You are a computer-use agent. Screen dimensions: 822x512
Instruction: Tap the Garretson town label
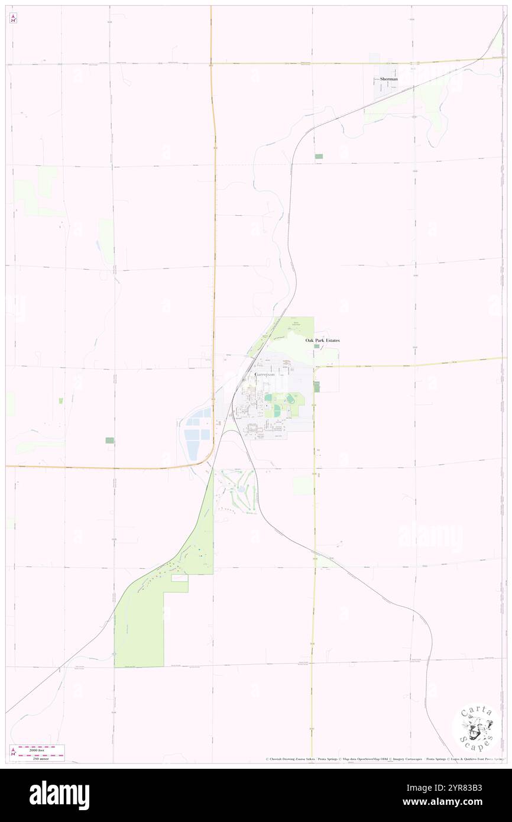[x=264, y=375]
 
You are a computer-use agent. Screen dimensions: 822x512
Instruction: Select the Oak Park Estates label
[x=322, y=341]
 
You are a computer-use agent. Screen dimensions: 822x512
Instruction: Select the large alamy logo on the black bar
[x=59, y=795]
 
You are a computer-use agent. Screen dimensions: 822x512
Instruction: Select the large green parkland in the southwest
[x=140, y=627]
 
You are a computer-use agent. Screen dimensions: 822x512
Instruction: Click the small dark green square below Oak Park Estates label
[x=316, y=347]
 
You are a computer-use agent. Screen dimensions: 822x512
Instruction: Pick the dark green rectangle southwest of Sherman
[x=319, y=156]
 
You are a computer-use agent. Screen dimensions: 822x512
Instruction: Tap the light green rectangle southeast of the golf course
[x=303, y=486]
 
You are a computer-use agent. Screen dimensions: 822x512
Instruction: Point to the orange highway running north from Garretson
[x=213, y=177]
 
